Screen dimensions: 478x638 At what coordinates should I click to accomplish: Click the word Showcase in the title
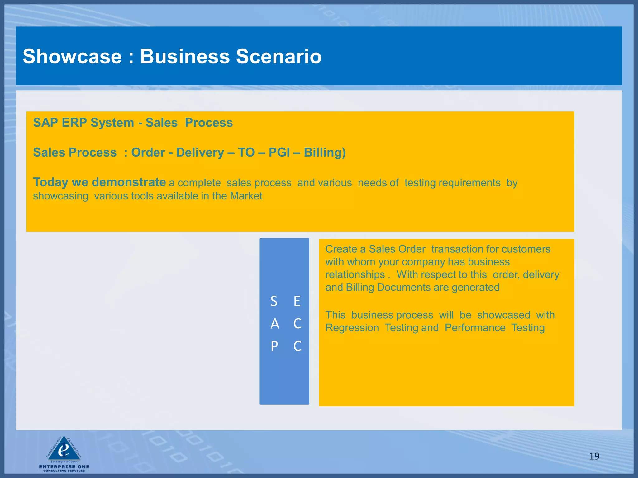[x=72, y=57]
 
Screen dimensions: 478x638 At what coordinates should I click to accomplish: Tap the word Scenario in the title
[x=279, y=57]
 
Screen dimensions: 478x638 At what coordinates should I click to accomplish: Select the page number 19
[x=594, y=456]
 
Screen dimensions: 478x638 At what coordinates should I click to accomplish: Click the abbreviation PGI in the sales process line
[x=279, y=152]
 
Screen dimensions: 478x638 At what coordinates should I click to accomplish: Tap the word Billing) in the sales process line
[x=325, y=152]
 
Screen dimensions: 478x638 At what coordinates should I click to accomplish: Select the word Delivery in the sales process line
[x=200, y=152]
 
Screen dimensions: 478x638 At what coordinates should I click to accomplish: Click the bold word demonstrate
[x=129, y=182]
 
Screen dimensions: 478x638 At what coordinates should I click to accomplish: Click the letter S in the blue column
[x=274, y=301]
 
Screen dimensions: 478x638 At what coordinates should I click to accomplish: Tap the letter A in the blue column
[x=274, y=324]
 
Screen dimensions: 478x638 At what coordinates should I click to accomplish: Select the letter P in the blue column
[x=274, y=346]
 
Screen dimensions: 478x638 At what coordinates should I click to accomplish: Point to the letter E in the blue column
[x=297, y=301]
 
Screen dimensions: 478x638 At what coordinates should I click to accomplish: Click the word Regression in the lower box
[x=352, y=328]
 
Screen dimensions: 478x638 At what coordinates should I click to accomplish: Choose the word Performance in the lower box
[x=475, y=328]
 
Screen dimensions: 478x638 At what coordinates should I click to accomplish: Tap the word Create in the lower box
[x=341, y=249]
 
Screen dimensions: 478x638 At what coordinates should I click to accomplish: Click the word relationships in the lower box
[x=355, y=275]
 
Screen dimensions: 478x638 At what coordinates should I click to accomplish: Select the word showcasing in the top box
[x=61, y=196]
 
